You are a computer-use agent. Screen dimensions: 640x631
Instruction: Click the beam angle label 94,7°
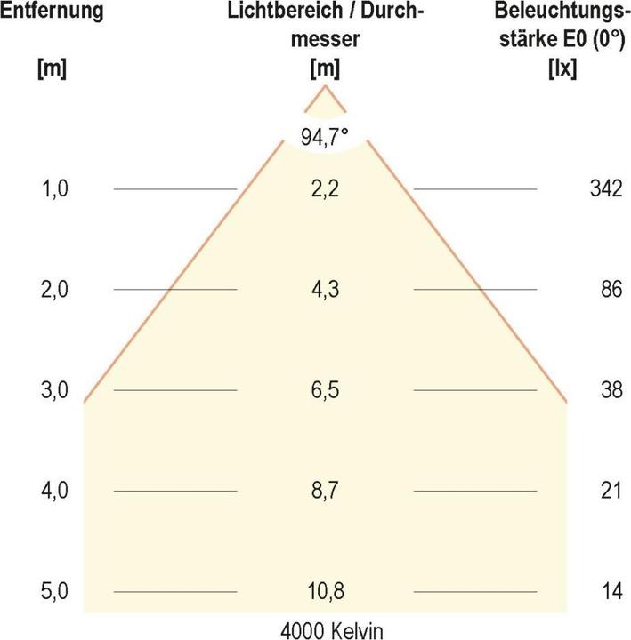[x=325, y=139]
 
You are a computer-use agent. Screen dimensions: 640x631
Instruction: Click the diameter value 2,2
[x=325, y=188]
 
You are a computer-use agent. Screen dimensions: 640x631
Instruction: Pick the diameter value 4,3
[x=325, y=290]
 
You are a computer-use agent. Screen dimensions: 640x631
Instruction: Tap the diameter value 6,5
[x=325, y=390]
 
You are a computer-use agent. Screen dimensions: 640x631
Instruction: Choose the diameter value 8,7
[x=325, y=491]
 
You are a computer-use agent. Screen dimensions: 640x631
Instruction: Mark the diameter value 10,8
[x=325, y=591]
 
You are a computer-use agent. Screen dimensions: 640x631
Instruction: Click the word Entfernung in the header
[x=52, y=12]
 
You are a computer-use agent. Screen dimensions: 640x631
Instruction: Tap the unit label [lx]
[x=562, y=67]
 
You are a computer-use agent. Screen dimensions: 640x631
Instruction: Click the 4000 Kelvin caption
[x=325, y=629]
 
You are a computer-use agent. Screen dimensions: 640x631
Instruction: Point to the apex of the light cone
[x=325, y=86]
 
